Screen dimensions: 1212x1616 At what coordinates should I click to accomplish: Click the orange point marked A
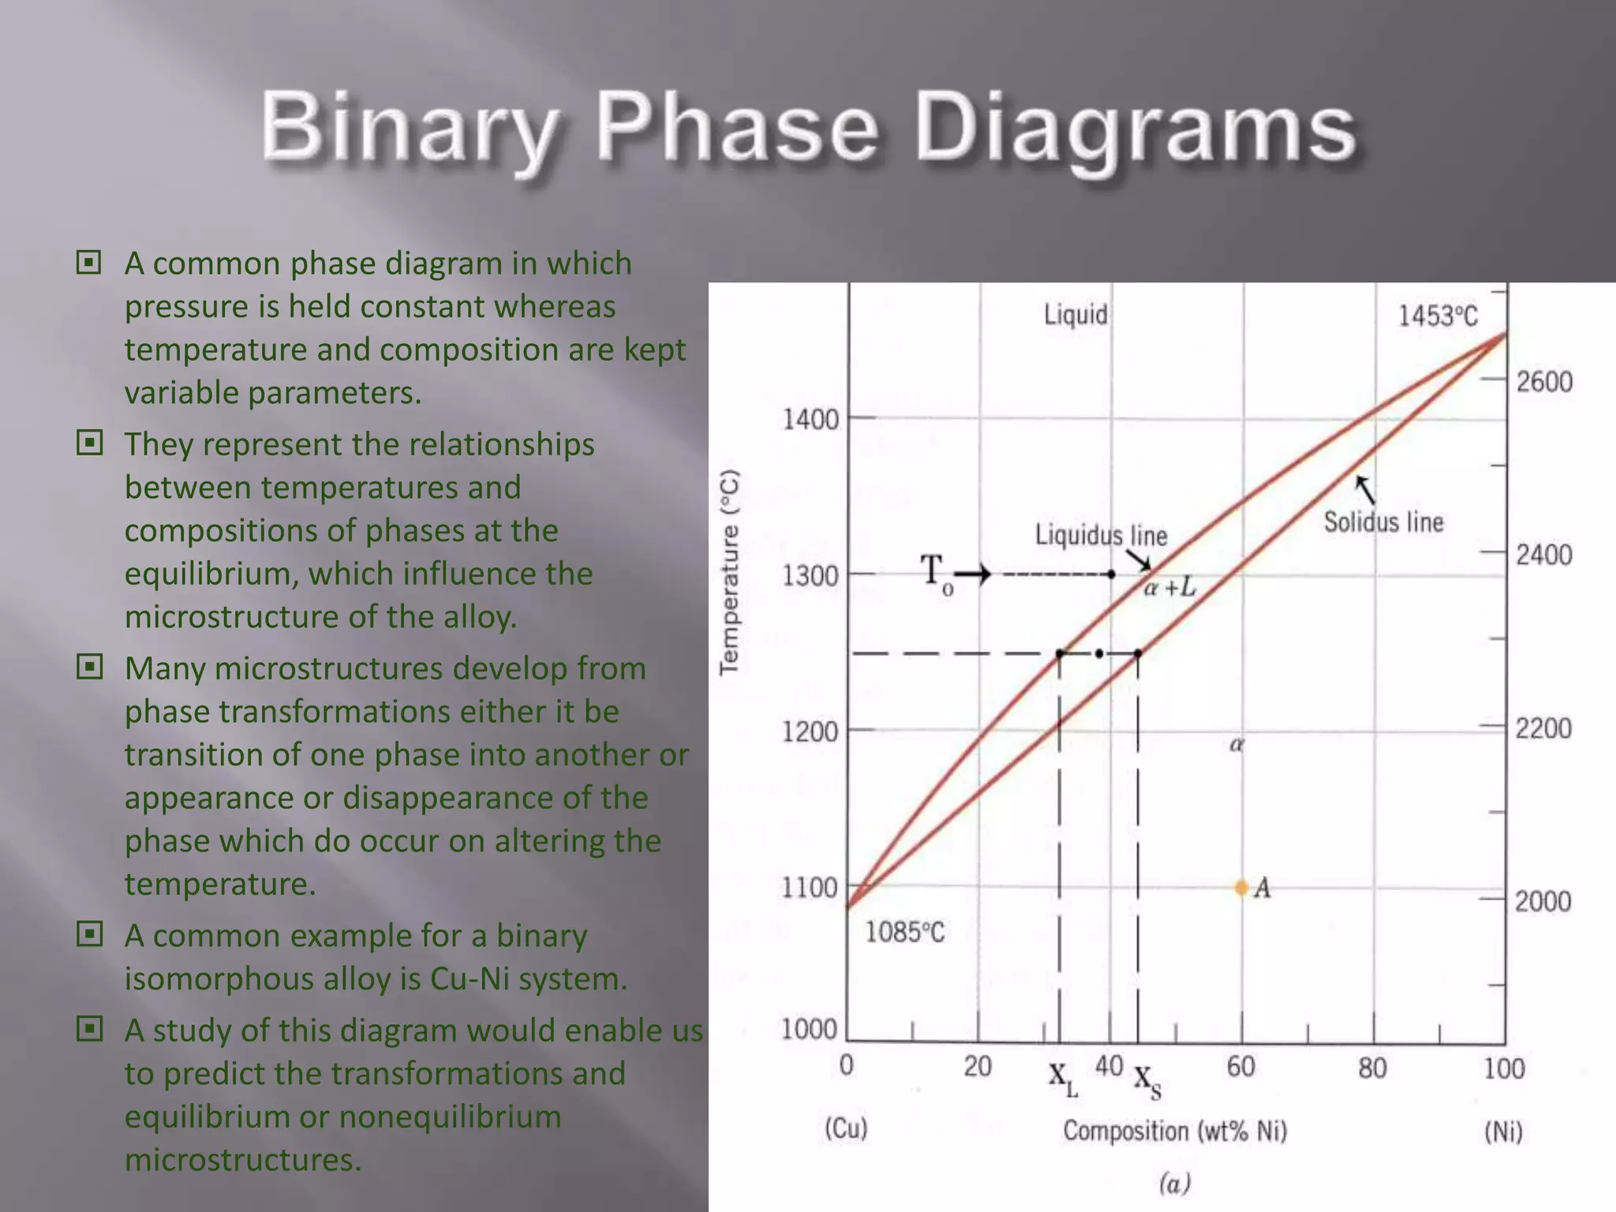(1241, 888)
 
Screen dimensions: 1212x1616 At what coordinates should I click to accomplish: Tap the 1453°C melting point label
(1438, 316)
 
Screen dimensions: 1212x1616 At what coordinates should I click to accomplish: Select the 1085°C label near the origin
(905, 933)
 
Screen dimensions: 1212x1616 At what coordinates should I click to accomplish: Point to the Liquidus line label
(1101, 536)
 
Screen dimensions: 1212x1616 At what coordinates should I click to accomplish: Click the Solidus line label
(1383, 522)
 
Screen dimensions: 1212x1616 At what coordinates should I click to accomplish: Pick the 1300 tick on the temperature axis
(810, 576)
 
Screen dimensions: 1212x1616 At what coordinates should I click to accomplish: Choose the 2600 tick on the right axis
(1544, 382)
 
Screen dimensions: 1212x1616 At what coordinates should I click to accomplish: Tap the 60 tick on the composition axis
(1240, 1067)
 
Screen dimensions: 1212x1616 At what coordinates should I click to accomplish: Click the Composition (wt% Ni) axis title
(1175, 1131)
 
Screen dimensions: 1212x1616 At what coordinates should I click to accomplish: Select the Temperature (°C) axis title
(730, 572)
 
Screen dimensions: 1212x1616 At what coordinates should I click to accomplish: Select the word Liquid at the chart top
(1075, 315)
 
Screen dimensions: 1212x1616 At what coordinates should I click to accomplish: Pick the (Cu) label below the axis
(846, 1128)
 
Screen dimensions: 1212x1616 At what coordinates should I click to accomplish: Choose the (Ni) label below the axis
(1503, 1132)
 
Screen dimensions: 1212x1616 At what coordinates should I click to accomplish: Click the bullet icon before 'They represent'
(89, 443)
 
